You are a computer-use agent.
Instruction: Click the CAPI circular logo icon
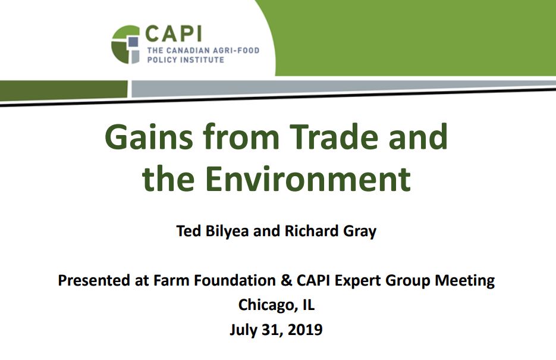coord(125,45)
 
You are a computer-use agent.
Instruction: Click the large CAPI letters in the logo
coord(174,34)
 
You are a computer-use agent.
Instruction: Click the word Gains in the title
coord(149,137)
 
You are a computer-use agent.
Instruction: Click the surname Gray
coord(360,232)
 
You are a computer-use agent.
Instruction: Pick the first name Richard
coord(312,231)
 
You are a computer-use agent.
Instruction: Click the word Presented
coord(93,280)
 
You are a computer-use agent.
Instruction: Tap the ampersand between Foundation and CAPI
coord(286,280)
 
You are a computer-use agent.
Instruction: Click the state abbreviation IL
coord(309,305)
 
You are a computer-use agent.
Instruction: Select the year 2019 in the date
coord(305,330)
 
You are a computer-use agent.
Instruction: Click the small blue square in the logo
coord(133,42)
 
